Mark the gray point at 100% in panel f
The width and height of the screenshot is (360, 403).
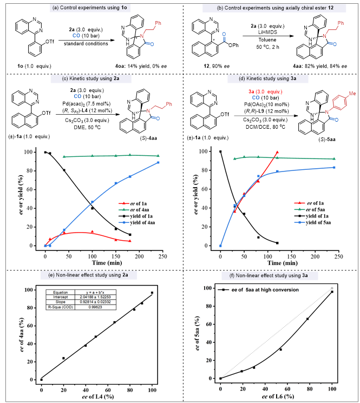(x=332, y=288)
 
